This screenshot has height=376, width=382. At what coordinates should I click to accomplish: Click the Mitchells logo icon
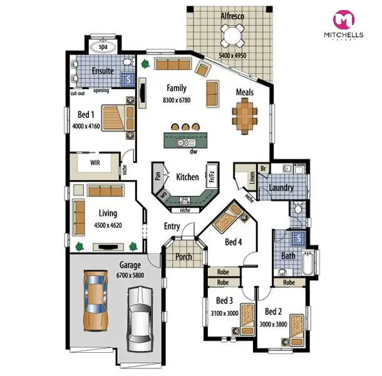343,19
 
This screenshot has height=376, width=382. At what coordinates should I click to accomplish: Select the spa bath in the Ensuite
100,46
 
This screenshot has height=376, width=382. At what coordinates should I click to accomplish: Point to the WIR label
95,162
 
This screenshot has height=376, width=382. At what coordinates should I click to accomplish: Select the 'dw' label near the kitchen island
194,151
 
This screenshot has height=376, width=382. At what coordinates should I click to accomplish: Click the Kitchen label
187,177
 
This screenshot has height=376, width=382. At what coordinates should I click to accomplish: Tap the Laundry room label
282,187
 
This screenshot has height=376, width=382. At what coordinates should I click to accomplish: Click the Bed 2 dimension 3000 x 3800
274,324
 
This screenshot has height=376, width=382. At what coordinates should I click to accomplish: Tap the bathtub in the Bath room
307,263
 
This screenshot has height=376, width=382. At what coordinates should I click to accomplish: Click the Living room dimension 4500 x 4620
107,224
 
